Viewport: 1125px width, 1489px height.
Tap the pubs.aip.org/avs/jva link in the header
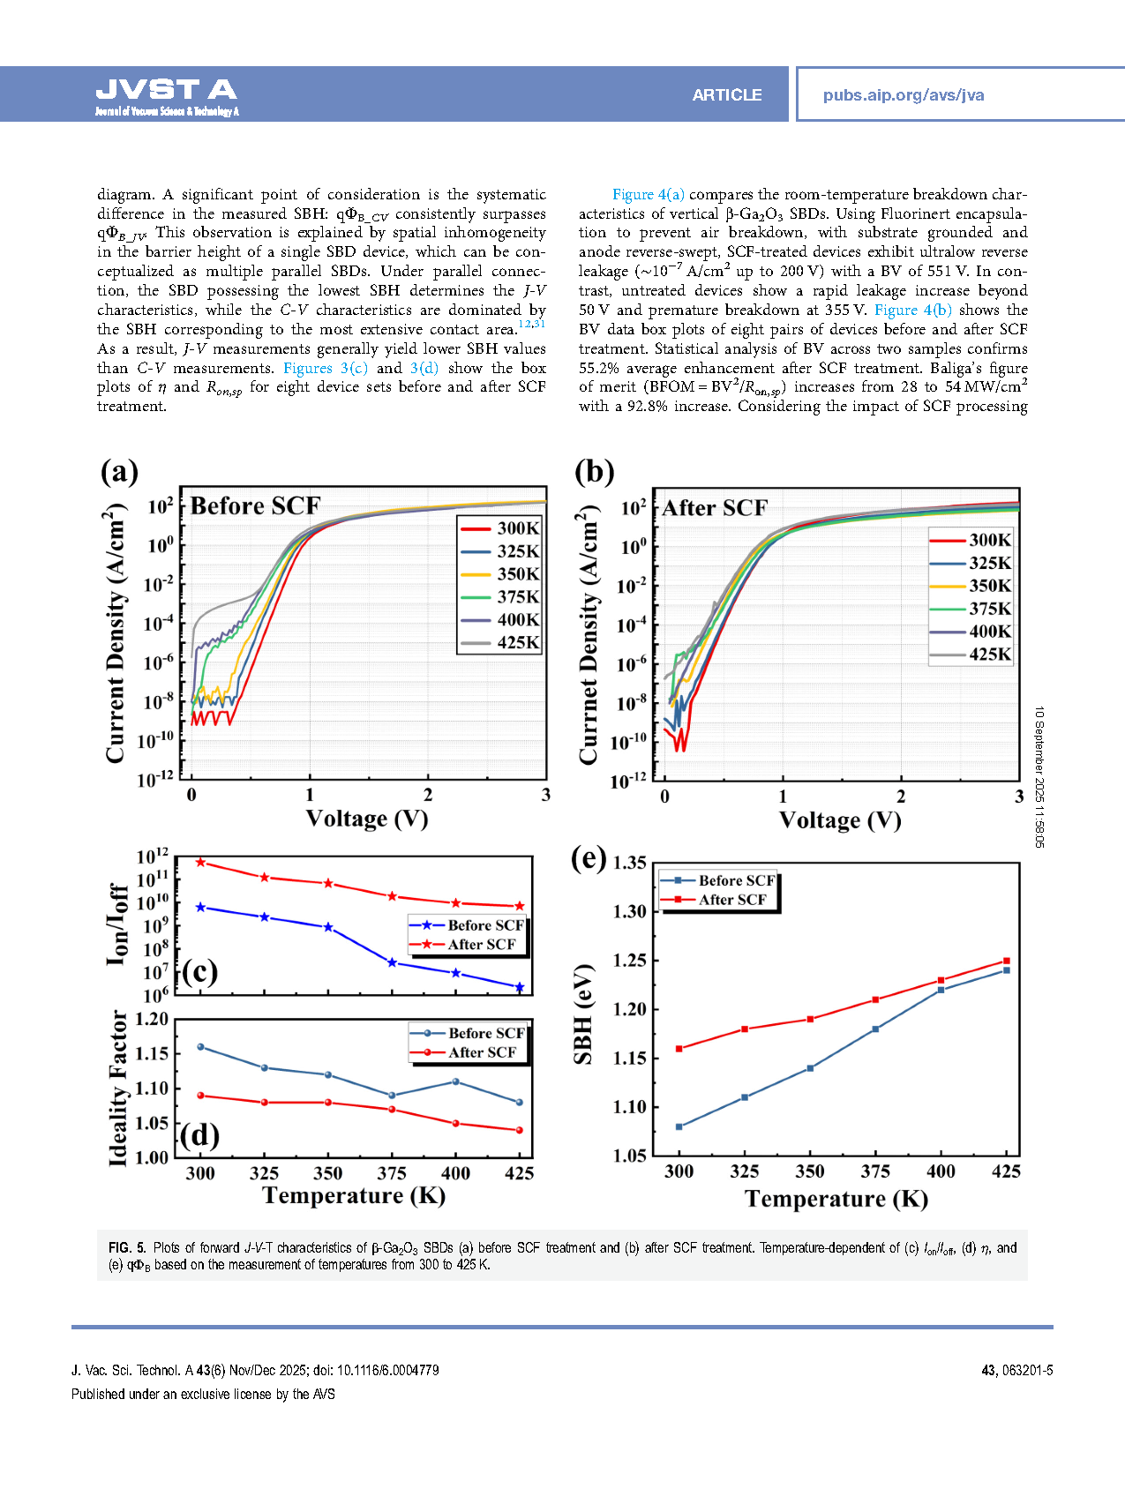[x=903, y=95]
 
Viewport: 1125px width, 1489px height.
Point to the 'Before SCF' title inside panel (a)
[x=255, y=505]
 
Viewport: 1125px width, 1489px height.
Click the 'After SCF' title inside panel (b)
[x=715, y=508]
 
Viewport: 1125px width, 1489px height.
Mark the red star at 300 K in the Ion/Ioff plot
[x=200, y=862]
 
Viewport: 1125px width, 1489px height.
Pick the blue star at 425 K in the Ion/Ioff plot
[x=520, y=987]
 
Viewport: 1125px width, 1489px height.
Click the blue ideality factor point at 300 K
[x=200, y=1047]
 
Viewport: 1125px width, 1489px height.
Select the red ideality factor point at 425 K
[x=520, y=1130]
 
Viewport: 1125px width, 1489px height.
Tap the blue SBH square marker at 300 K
[x=679, y=1126]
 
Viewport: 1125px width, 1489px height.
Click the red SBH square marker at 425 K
[x=1007, y=961]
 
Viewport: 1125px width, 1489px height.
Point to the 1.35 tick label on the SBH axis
[x=629, y=863]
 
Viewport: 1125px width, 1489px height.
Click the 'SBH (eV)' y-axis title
[x=583, y=1014]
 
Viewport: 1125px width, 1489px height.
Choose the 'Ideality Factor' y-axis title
[x=118, y=1089]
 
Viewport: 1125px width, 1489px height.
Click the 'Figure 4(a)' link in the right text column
[x=648, y=194]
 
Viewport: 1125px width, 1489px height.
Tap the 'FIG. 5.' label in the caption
[x=127, y=1247]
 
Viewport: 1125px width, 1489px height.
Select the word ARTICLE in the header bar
[x=726, y=95]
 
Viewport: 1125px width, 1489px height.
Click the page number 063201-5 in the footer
[x=1027, y=1370]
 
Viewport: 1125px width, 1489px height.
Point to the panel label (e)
[x=589, y=857]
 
